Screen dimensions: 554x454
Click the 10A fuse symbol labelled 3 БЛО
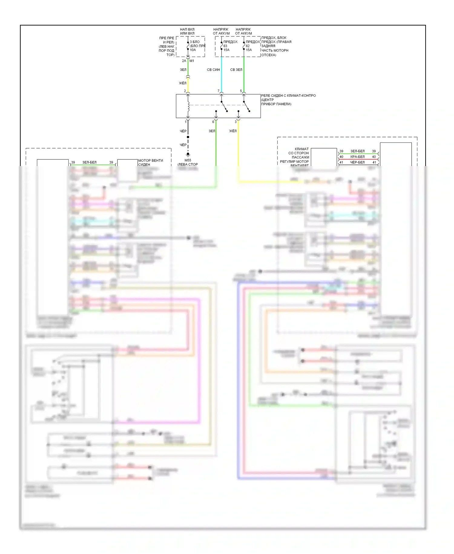coord(188,46)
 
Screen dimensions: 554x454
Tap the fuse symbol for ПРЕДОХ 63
coord(222,46)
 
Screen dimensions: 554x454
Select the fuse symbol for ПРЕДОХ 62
coord(244,46)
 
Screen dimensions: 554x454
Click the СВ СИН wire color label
coord(213,70)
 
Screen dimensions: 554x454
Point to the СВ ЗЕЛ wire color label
coord(236,70)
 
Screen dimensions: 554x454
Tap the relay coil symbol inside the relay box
coord(188,106)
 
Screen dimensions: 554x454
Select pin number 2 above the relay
coord(185,91)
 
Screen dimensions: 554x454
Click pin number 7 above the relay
coord(218,91)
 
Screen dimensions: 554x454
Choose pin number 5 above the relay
coord(241,91)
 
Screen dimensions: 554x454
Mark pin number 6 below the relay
coord(213,122)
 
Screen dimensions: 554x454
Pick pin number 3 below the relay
coord(235,122)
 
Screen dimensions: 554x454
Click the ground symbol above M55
coord(188,155)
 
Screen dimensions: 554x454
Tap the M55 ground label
coord(188,160)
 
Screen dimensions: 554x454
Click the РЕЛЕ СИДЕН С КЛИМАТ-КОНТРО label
coord(288,95)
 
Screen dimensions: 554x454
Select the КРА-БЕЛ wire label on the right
coord(357,157)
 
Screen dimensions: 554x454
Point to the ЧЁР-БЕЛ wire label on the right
coord(357,162)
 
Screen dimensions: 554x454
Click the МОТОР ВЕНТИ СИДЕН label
coord(150,162)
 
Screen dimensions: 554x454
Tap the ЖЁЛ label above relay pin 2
coord(183,83)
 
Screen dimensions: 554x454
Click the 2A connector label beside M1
coord(184,61)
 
